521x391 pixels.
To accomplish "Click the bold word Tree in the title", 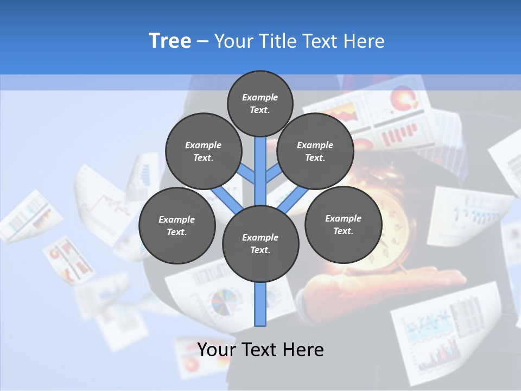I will tap(170, 41).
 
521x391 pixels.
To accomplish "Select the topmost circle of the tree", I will tap(260, 103).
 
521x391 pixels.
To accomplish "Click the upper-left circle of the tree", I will tap(204, 151).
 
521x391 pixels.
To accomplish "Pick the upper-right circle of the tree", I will tap(315, 151).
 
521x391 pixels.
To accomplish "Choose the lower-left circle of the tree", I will tap(177, 225).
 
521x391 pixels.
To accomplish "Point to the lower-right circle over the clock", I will tap(343, 224).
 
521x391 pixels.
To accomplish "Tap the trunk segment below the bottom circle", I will tap(260, 304).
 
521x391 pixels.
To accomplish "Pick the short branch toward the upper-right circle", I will tap(274, 174).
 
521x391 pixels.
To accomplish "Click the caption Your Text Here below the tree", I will tap(260, 350).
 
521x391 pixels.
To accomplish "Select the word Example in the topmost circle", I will tap(260, 97).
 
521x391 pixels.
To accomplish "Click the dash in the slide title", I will tap(203, 41).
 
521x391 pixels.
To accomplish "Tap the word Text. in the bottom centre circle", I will tap(260, 250).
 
